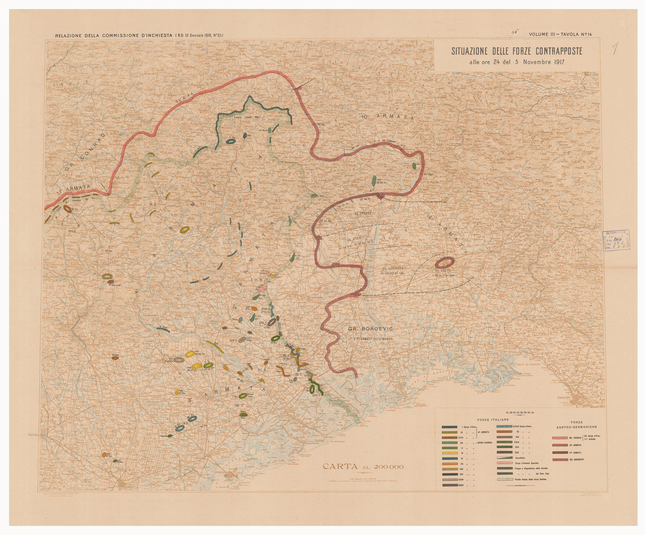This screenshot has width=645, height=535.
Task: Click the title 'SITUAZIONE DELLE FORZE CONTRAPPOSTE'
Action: tap(517, 51)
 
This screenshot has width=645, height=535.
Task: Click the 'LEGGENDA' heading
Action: tap(520, 412)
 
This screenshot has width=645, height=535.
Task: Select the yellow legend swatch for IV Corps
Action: tap(450, 453)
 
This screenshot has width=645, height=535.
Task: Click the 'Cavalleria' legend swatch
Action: tap(505, 458)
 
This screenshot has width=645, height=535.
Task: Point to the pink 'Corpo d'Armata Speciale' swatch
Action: tap(505, 463)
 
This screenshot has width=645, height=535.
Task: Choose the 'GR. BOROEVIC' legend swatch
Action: tap(560, 460)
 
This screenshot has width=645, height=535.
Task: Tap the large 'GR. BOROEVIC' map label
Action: tap(371, 329)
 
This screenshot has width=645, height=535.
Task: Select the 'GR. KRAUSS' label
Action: tap(363, 213)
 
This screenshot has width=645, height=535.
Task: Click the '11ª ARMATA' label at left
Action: tap(73, 189)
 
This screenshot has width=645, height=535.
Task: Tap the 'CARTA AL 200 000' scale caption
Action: tap(363, 466)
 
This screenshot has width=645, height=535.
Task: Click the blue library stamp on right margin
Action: tap(616, 240)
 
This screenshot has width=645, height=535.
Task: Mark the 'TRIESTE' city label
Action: tap(564, 398)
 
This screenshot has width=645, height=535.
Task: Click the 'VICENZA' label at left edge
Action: tap(35, 435)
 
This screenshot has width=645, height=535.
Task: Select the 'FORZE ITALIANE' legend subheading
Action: tap(493, 420)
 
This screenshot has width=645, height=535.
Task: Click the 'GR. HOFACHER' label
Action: tap(393, 268)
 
